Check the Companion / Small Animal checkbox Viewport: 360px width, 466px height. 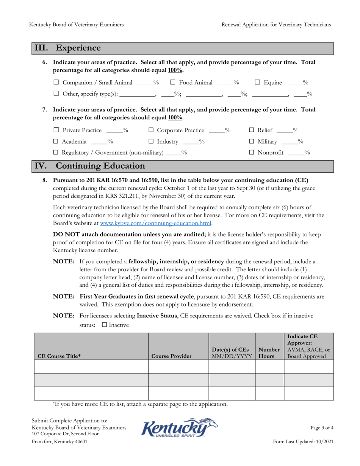(x=56, y=82)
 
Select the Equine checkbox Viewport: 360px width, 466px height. (x=257, y=82)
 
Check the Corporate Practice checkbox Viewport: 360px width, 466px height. (x=151, y=131)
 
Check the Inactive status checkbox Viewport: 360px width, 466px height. (x=105, y=325)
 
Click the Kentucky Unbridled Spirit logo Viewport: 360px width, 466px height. (x=179, y=428)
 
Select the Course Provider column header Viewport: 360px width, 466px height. (x=171, y=356)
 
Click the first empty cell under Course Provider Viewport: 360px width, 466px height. (x=178, y=366)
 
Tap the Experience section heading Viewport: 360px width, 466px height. (x=78, y=48)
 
